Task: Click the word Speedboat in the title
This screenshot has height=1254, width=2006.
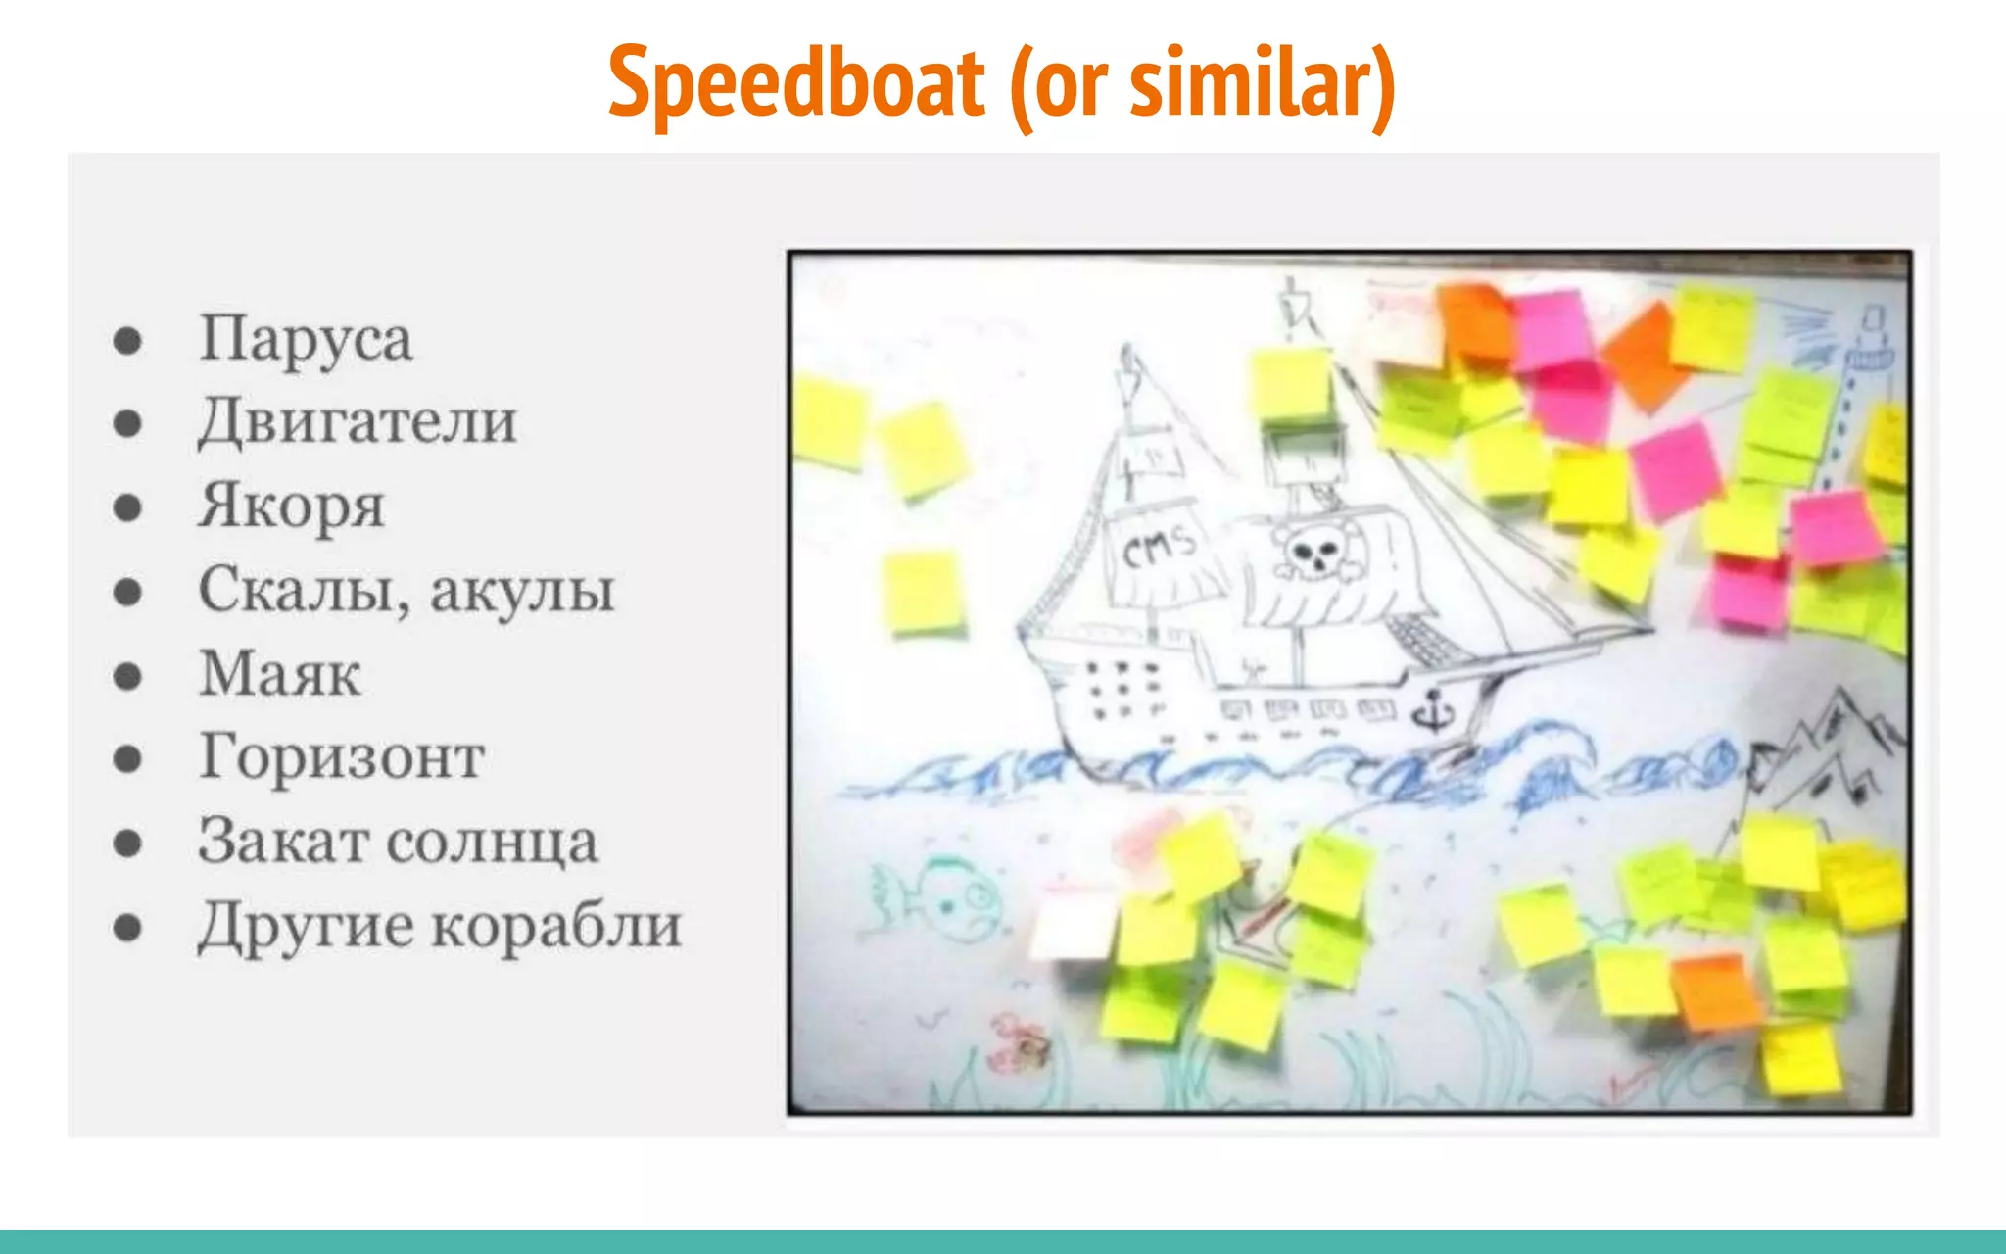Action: [x=796, y=83]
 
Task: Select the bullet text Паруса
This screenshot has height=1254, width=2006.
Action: [x=306, y=339]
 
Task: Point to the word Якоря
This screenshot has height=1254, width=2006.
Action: [x=292, y=506]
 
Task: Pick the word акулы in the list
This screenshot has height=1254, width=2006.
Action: [x=522, y=591]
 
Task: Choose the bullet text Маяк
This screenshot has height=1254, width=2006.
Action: [x=280, y=675]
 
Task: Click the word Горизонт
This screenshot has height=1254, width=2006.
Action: [x=342, y=758]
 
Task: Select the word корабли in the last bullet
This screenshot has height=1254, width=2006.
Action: [x=556, y=926]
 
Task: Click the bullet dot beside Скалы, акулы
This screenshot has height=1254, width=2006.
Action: [x=127, y=592]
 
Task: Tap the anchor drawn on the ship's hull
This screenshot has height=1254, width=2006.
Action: [x=1432, y=710]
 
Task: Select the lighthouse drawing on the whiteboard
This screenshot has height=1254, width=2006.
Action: [x=1858, y=392]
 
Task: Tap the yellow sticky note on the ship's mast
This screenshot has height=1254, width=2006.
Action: [x=1291, y=384]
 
